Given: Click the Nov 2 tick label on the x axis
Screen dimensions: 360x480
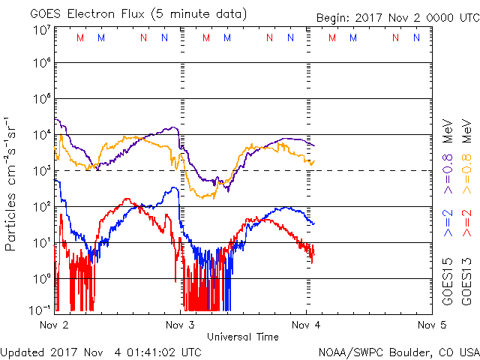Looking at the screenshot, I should coord(54,325).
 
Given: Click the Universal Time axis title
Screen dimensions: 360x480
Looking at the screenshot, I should coord(243,337).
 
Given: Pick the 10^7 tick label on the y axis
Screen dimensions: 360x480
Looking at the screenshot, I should coord(41,31).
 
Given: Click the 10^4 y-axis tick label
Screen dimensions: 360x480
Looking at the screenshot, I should coord(41,133).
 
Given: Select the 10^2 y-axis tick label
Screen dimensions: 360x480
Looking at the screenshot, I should coord(41,205).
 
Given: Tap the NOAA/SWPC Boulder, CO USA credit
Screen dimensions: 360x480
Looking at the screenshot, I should coord(398,352).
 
